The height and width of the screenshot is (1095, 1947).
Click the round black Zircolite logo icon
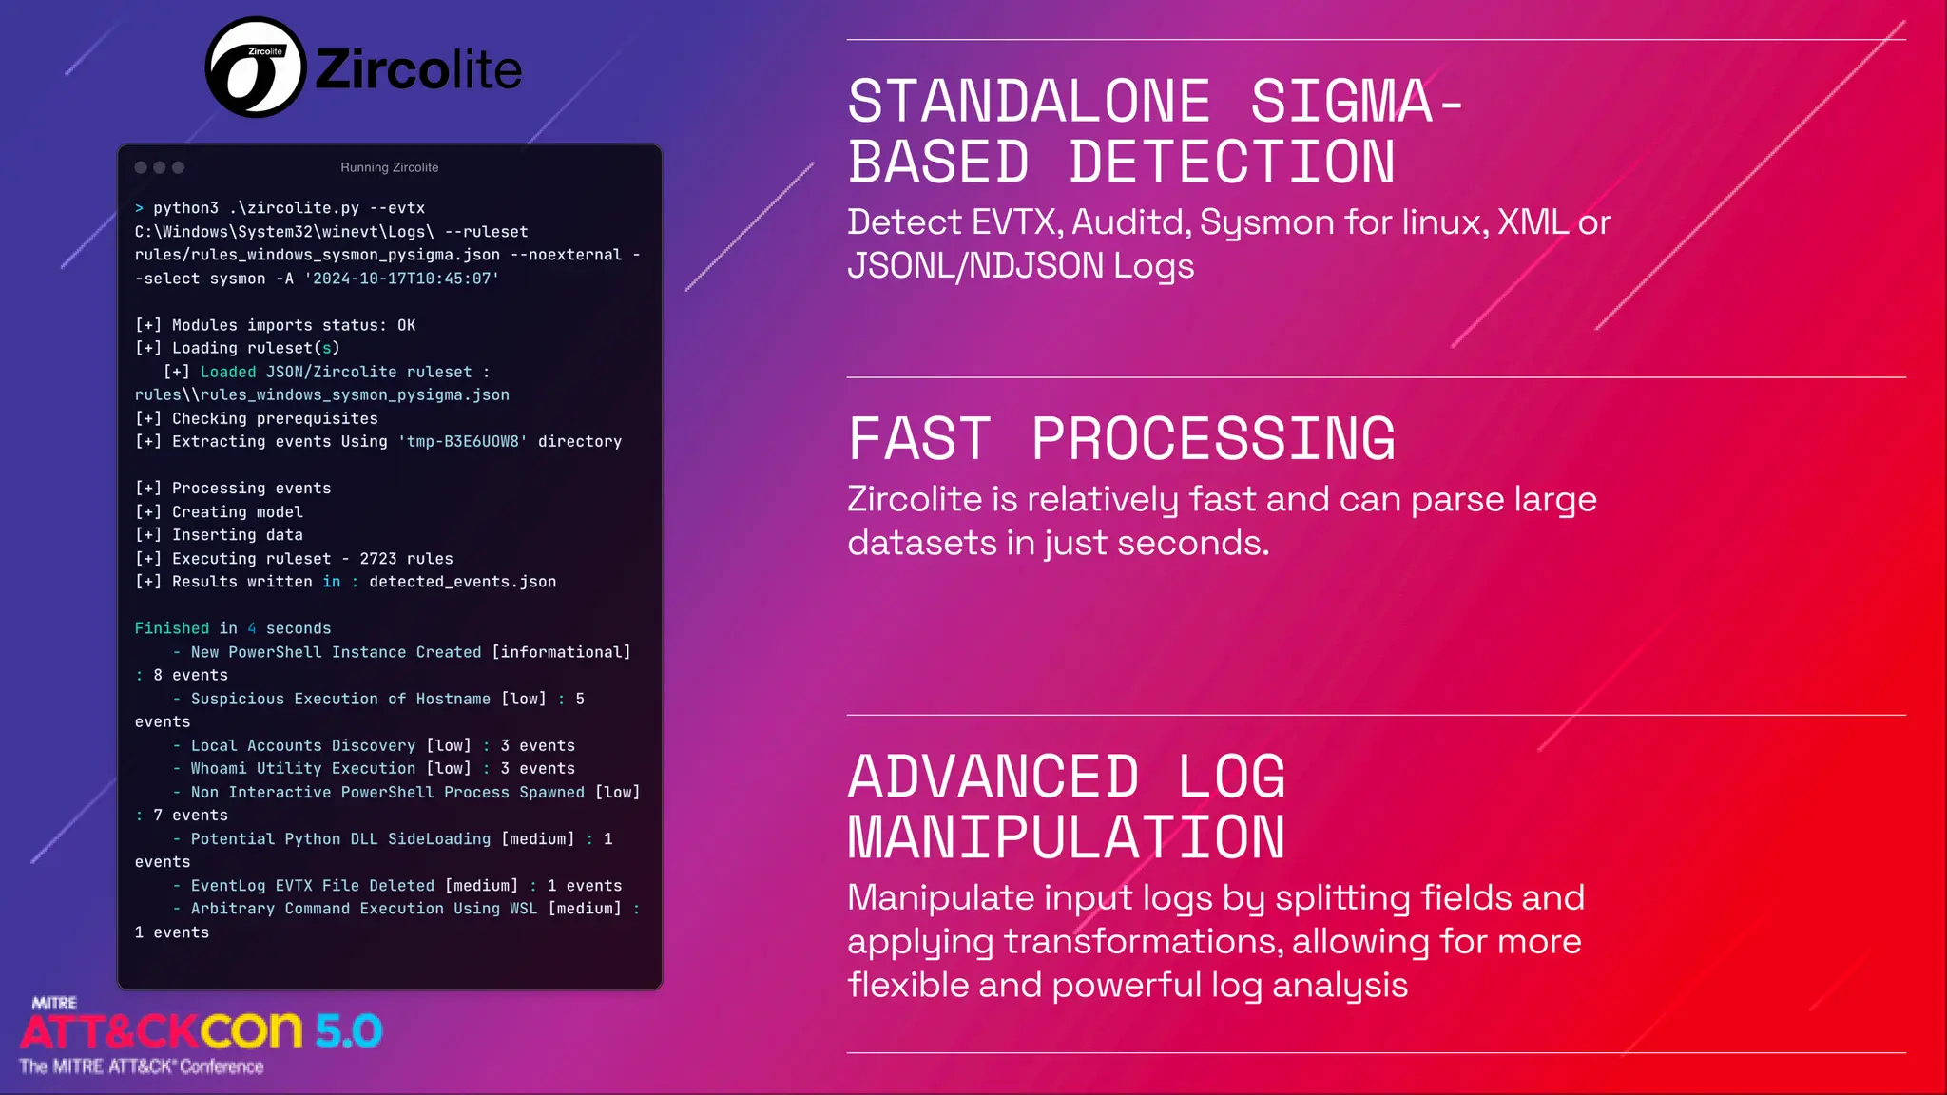click(255, 67)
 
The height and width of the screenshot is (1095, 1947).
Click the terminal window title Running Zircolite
click(390, 167)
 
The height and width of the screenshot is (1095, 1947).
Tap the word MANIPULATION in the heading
click(1066, 837)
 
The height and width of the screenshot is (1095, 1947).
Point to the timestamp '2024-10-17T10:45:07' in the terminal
click(401, 279)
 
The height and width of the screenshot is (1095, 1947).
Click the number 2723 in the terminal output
click(377, 559)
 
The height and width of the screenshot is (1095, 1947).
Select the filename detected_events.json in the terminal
click(462, 582)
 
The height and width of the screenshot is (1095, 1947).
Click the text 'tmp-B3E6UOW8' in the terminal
click(462, 442)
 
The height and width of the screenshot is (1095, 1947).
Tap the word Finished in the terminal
click(171, 628)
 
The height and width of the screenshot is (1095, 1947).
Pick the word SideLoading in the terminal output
click(438, 839)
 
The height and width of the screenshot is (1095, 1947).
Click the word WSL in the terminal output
click(523, 909)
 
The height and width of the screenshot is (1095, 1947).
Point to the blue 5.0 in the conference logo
click(349, 1031)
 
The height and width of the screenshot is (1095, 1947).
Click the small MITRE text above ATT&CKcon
click(54, 1003)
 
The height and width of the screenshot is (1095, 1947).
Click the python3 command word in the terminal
click(185, 208)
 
